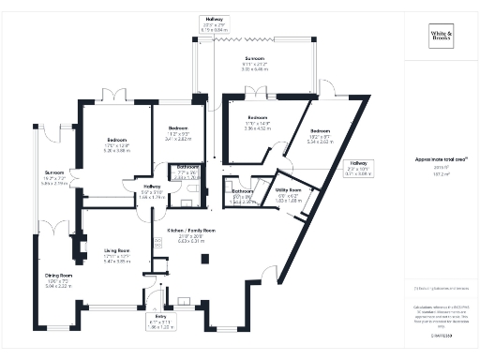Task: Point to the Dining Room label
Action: pyautogui.click(x=59, y=278)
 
